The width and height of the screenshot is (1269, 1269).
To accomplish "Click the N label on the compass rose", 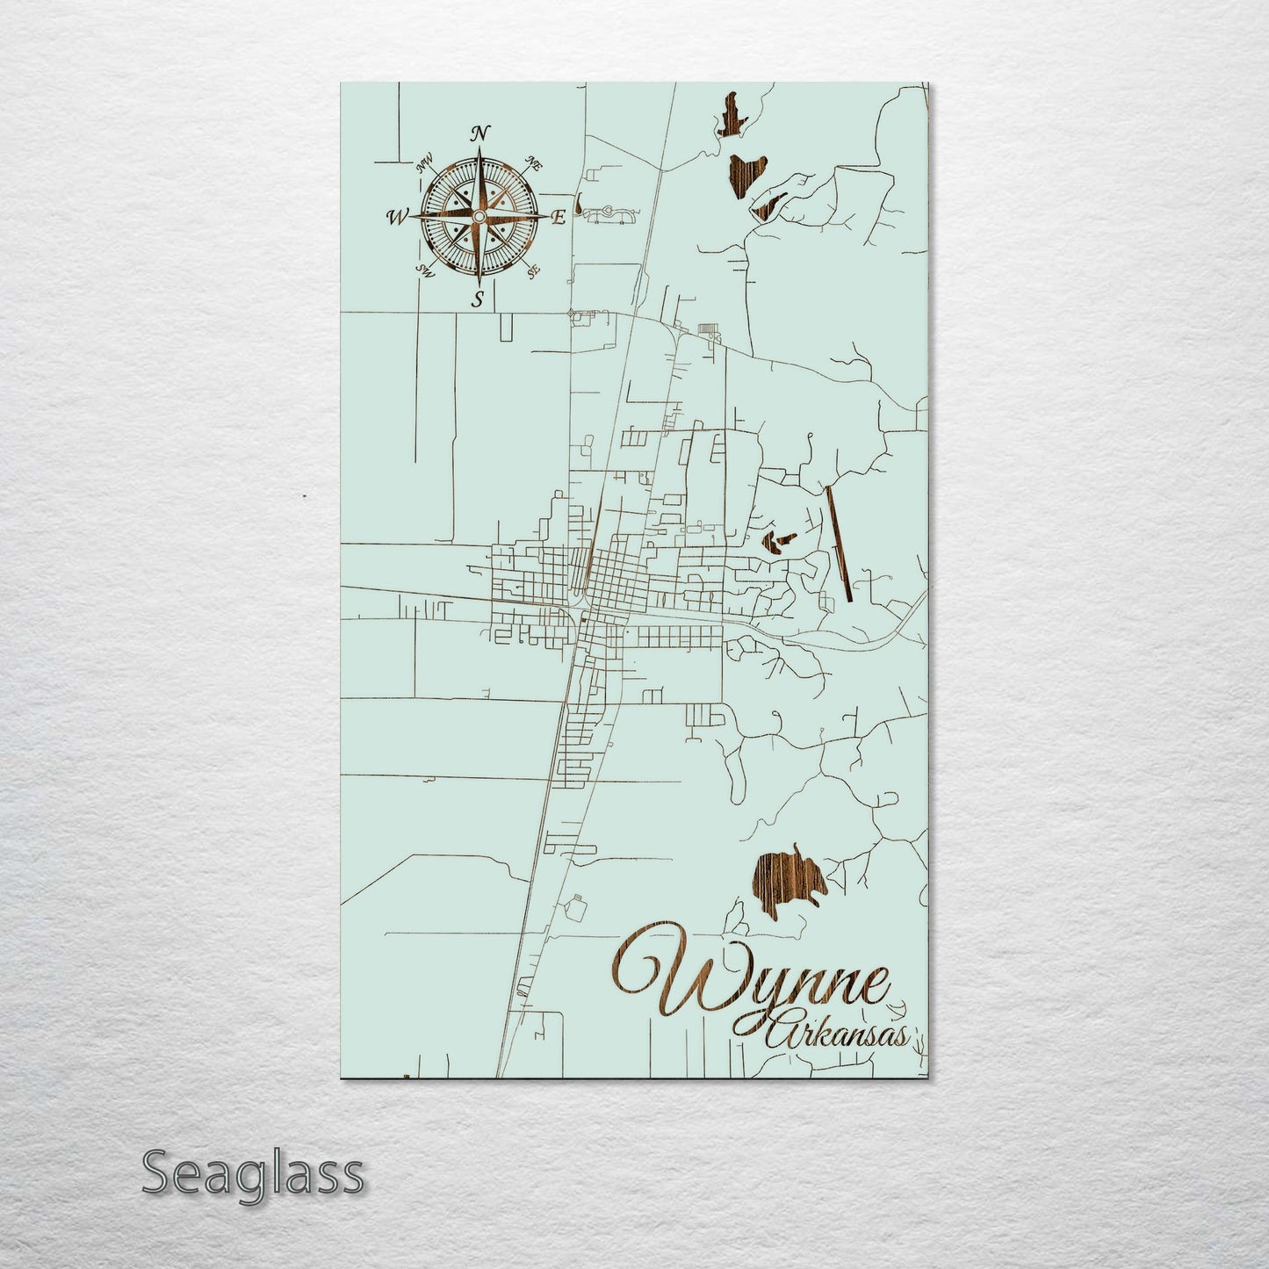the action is [479, 133].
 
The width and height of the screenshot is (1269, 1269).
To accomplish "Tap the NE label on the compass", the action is [531, 162].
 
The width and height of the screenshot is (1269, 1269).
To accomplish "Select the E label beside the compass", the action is [557, 219].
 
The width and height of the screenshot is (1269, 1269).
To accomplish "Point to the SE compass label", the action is [532, 272].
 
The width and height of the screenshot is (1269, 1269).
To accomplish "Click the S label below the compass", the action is [478, 299].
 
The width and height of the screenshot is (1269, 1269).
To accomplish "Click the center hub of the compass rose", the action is [479, 216].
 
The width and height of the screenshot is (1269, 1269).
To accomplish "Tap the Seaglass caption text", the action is [252, 1172].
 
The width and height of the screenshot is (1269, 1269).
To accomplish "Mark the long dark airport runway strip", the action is [840, 543].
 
